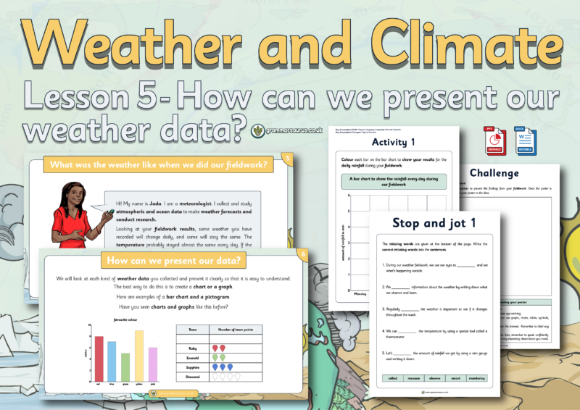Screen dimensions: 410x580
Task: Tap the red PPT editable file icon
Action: (x=494, y=140)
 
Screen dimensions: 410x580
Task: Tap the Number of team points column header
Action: (x=236, y=329)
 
